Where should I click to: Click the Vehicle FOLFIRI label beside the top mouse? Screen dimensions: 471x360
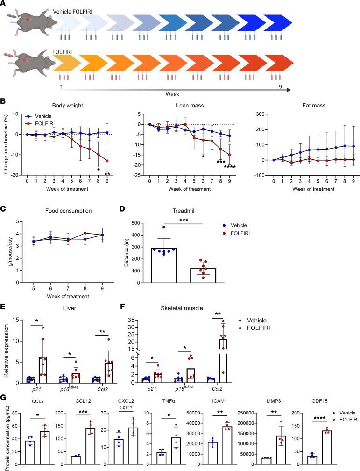pyautogui.click(x=73, y=11)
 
